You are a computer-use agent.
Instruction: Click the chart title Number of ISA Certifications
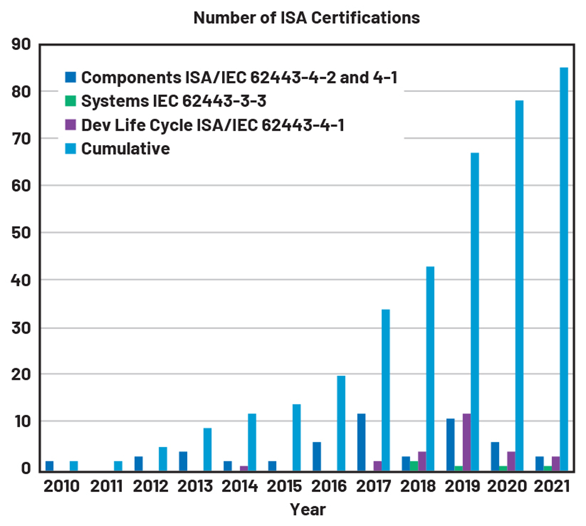[x=306, y=18]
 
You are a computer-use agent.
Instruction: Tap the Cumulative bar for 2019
[x=475, y=312]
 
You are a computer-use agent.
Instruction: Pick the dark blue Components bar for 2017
[x=361, y=442]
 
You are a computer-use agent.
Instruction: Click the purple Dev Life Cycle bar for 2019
[x=467, y=442]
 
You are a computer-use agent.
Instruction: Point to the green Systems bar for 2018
[x=414, y=466]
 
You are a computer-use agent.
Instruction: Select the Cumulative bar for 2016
[x=341, y=423]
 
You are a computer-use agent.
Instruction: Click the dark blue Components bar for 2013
[x=183, y=461]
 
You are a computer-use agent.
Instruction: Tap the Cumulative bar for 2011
[x=118, y=466]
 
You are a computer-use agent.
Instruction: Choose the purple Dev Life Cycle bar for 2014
[x=244, y=468]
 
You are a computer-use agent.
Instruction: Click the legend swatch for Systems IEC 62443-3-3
[x=71, y=101]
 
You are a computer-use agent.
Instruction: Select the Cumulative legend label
[x=125, y=149]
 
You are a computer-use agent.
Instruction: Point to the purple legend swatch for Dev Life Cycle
[x=71, y=125]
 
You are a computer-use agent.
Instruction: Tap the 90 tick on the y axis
[x=21, y=44]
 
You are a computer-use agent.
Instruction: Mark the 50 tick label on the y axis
[x=21, y=233]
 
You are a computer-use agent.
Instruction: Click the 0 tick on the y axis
[x=26, y=468]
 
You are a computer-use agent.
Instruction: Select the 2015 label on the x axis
[x=284, y=486]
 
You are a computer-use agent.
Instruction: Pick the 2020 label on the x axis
[x=507, y=486]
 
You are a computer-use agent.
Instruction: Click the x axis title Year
[x=308, y=510]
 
